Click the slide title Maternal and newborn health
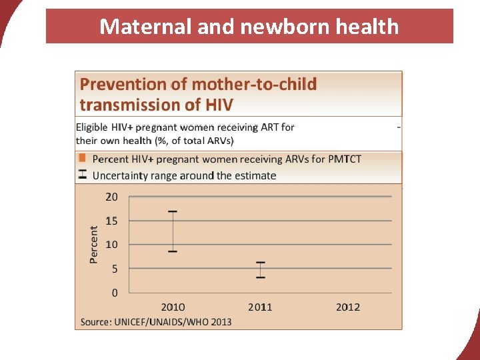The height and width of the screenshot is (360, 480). [x=249, y=27]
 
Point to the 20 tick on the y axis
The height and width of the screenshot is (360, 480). [x=111, y=197]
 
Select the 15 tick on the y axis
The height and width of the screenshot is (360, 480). [x=111, y=221]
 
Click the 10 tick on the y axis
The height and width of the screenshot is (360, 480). [x=111, y=245]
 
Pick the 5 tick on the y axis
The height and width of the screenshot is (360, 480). [x=114, y=269]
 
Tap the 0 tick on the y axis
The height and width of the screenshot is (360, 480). [x=114, y=293]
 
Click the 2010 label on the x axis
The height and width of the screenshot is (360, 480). [x=173, y=307]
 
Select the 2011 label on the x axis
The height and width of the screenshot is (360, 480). [x=260, y=307]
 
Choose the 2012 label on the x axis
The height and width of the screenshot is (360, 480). [x=347, y=307]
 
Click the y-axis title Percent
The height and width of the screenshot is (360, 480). [x=94, y=244]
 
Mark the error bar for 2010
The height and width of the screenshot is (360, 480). [x=173, y=231]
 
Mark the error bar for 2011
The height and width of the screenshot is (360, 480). [x=260, y=269]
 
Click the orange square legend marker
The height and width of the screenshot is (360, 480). [x=82, y=159]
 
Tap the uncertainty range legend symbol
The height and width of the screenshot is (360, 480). [x=82, y=175]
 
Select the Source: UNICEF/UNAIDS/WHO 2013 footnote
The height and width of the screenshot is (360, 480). [x=156, y=322]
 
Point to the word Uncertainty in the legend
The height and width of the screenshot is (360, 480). [x=123, y=175]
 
